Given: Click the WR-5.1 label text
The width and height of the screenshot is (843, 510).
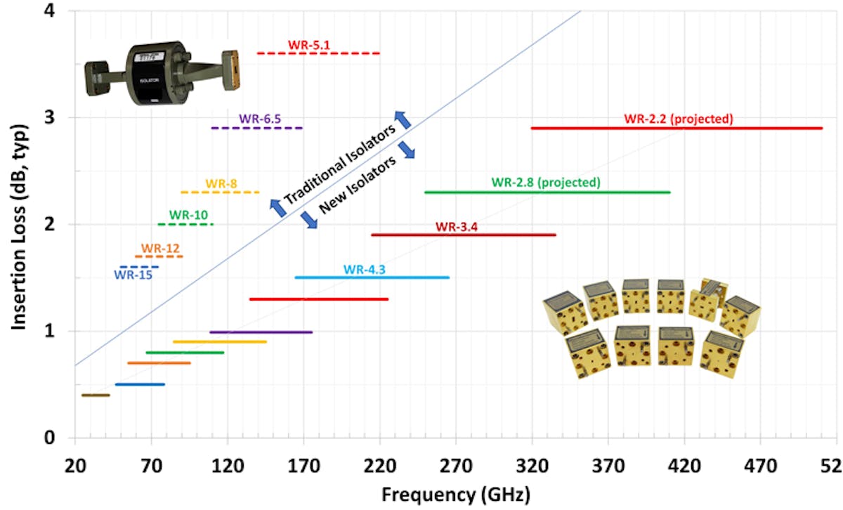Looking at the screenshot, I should pos(308,46).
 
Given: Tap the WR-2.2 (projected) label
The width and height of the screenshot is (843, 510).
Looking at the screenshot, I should pos(678,119).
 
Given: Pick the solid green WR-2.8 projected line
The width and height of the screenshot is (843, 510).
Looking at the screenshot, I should pos(547,192).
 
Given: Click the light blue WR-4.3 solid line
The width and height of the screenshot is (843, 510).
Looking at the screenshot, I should pos(372,277).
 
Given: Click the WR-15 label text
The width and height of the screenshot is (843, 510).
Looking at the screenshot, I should pos(133,275).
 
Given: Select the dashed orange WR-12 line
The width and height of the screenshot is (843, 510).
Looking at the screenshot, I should pos(159,256).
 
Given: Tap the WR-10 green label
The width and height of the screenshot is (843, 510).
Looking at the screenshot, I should pos(188,215).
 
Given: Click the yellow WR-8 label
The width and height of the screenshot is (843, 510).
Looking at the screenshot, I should pos(221,183).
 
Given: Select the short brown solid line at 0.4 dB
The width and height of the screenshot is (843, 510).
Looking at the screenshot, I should pos(96,395).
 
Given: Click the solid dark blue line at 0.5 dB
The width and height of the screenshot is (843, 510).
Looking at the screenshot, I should pos(140,384).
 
